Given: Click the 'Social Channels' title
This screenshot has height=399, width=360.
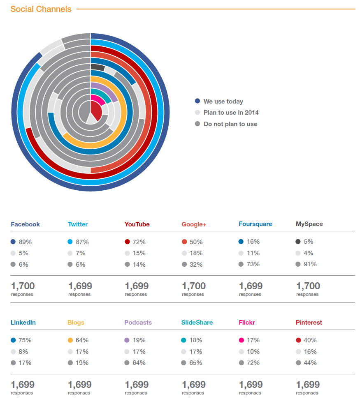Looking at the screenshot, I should coord(41,9).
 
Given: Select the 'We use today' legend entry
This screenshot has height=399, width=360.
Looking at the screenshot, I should coord(223,101).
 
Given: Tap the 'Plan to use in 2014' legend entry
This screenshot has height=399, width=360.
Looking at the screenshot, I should coord(231,113).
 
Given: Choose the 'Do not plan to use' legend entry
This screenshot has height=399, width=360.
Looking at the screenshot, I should coord(230,124).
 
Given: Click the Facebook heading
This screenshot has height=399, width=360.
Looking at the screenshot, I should coord(25,224).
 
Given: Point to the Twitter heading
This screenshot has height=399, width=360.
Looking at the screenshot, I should coord(78,224).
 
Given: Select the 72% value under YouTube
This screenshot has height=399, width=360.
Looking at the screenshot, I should coord(139,242).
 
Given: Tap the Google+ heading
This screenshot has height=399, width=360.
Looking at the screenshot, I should coord(194,224).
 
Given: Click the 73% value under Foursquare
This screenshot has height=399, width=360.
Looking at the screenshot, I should coord(253,264).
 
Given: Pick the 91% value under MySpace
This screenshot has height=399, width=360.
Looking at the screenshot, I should coord(310,264).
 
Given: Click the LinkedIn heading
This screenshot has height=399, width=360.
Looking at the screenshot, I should coord(23,323).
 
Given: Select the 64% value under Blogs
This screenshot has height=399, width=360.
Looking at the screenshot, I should coord(82,340).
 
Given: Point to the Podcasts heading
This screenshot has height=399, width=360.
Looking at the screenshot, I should coord(138,323).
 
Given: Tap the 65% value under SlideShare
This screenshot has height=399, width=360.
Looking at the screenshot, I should coord(196,363).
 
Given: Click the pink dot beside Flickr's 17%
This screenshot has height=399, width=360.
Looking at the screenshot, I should coord(241,340).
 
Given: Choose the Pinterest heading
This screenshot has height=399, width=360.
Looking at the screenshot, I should coord(309,323).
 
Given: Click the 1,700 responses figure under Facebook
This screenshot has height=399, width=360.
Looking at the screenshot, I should coord(23,286).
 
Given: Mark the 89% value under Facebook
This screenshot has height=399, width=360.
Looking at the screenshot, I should coord(25,242).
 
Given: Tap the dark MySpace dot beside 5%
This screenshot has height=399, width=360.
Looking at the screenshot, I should coord(298,242).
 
